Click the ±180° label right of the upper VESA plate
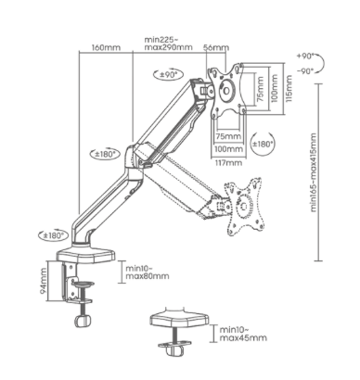tap(264, 145)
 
